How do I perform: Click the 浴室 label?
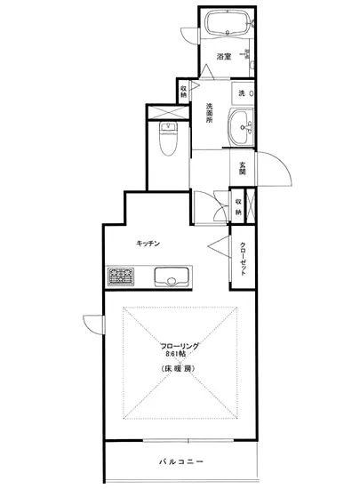coord(225,58)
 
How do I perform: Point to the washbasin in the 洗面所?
coord(240,130)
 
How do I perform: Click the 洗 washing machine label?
coord(241,93)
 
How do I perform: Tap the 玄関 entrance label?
coord(242,167)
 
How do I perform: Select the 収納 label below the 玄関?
coord(239,207)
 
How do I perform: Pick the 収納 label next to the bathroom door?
coord(184,92)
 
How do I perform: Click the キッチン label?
coord(148,242)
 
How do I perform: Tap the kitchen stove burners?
coord(120,277)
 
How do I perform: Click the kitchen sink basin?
coord(170,279)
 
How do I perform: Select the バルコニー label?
coord(181,462)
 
